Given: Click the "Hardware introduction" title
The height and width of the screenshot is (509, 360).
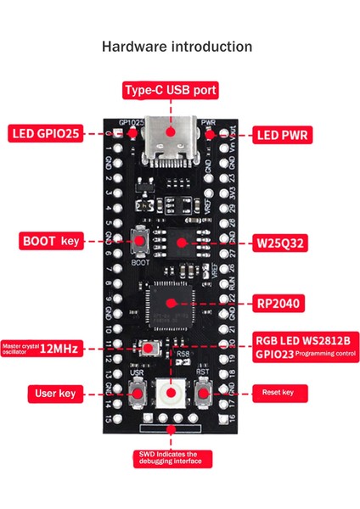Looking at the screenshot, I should [177, 47].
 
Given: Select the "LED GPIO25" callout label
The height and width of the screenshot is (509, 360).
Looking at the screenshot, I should [46, 133].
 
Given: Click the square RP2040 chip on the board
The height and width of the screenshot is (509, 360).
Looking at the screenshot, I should [169, 303].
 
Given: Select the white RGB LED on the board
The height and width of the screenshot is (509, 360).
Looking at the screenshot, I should [172, 392].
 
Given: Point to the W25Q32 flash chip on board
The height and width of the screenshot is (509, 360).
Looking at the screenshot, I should [180, 242].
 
